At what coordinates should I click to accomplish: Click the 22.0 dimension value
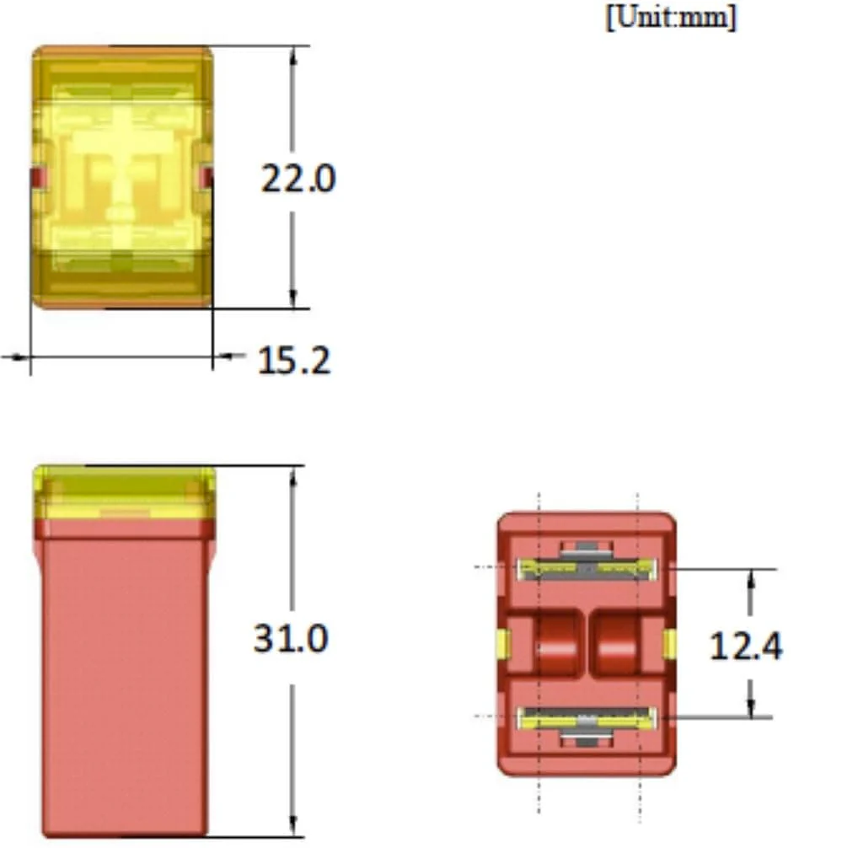click(298, 179)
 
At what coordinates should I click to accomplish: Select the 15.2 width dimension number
click(294, 360)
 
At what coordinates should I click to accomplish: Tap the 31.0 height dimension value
click(291, 638)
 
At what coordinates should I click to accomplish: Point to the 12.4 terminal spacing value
click(746, 646)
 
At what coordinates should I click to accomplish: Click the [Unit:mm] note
click(672, 17)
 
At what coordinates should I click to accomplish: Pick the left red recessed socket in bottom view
click(555, 643)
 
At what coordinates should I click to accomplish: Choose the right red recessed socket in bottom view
click(616, 643)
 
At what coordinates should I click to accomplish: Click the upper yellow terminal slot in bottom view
click(587, 569)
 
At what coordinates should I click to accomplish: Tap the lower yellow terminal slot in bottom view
click(587, 718)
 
